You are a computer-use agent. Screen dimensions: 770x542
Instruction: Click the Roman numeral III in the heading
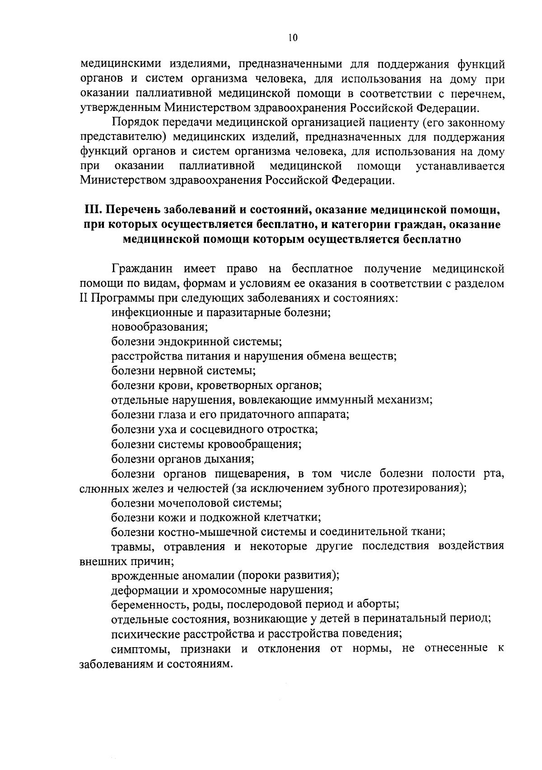[92, 210]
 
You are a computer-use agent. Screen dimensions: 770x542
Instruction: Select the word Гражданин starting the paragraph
[142, 269]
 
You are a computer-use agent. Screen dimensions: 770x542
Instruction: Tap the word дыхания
[232, 459]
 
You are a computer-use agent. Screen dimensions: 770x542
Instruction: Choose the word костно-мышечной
[201, 532]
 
